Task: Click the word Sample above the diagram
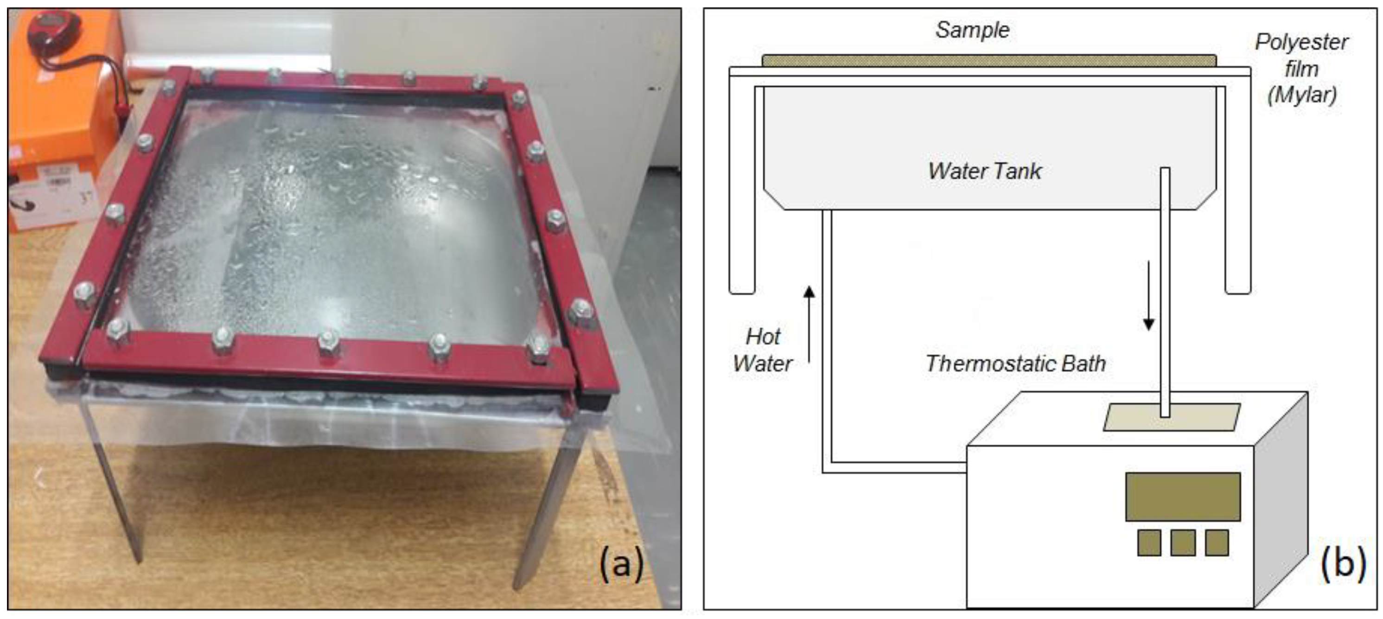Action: click(972, 30)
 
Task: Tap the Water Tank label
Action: click(985, 171)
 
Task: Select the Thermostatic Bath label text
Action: click(1015, 364)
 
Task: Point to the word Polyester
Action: click(1301, 42)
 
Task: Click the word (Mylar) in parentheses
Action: click(1301, 95)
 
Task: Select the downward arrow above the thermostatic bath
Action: click(1148, 295)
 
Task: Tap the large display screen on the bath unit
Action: click(1183, 497)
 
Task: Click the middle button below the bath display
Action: click(1183, 543)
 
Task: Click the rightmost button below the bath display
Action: click(1217, 543)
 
